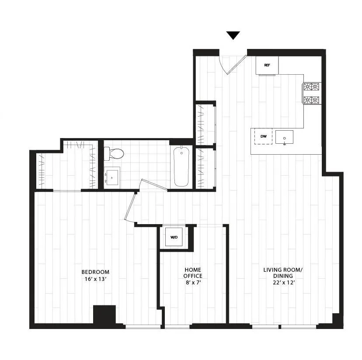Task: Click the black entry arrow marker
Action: [233, 35]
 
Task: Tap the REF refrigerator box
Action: [267, 65]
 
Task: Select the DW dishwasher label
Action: [264, 136]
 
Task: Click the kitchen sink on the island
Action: [285, 138]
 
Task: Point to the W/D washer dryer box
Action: [174, 237]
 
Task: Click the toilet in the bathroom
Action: [114, 154]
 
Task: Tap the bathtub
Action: [181, 166]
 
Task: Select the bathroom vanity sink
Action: [112, 177]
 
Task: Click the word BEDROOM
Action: [95, 272]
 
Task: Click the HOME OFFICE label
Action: [193, 273]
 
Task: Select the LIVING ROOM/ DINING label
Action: [283, 273]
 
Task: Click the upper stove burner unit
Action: [312, 87]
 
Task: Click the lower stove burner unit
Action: [312, 100]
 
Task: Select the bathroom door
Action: [153, 185]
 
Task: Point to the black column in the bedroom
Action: [104, 315]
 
